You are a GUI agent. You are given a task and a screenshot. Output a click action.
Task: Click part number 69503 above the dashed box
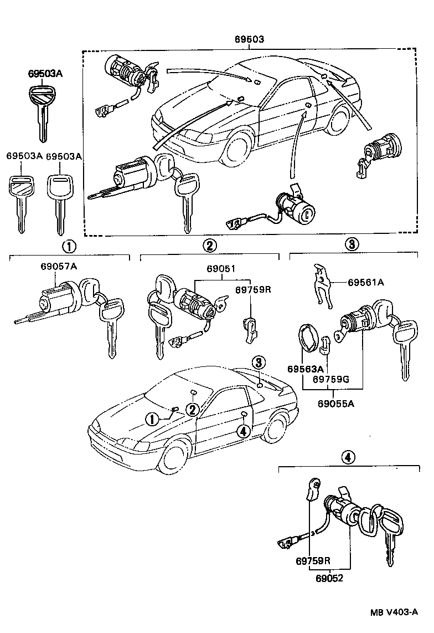coord(249,39)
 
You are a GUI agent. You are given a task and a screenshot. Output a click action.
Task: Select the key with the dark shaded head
coord(40,105)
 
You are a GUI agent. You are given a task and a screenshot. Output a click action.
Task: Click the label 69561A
coord(366,282)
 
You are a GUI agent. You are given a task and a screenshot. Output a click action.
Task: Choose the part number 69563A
coord(305,369)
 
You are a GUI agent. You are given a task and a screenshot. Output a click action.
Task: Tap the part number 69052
coord(330,578)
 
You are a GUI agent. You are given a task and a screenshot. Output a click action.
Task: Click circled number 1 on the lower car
coord(151,418)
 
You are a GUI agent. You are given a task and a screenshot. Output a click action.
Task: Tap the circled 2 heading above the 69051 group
coord(209,246)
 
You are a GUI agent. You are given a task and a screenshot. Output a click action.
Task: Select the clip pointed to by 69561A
coord(322,285)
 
